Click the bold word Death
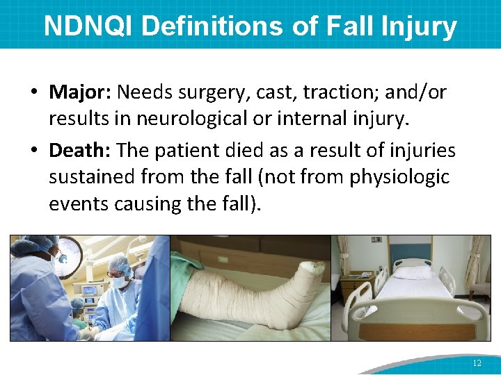pos(79,150)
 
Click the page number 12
pos(477,362)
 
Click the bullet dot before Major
pos(34,92)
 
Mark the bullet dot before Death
pos(34,151)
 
